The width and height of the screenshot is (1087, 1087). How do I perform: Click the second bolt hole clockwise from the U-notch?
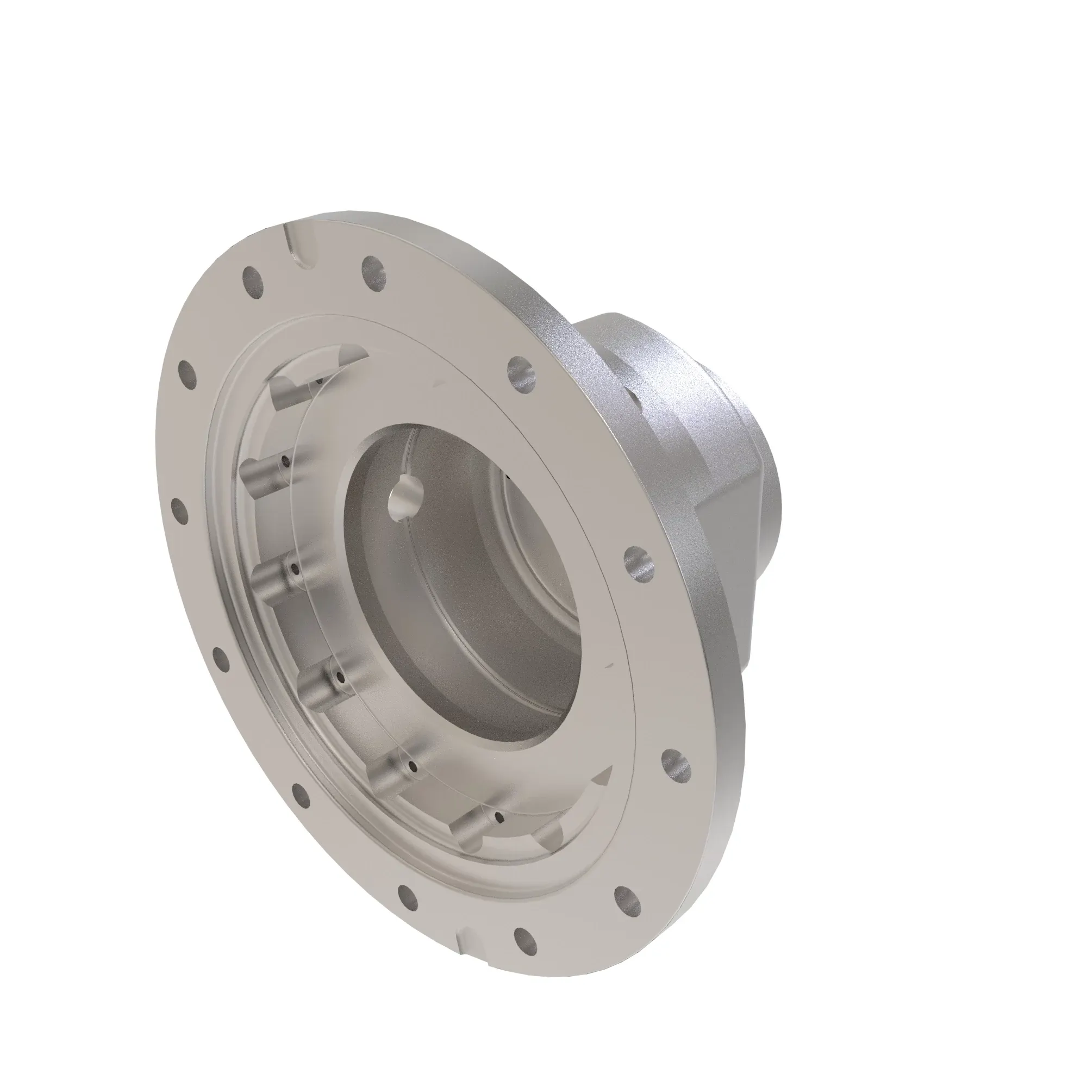pyautogui.click(x=521, y=372)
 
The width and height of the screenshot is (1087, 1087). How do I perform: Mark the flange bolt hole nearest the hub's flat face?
pyautogui.click(x=639, y=563)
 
